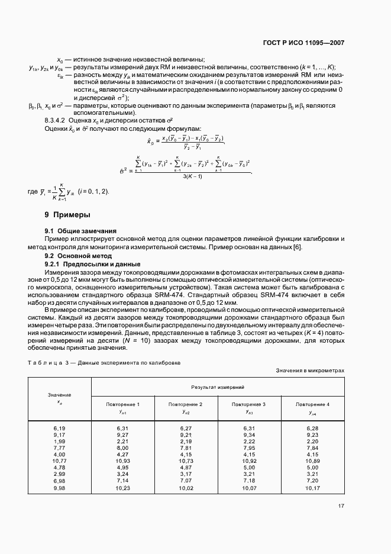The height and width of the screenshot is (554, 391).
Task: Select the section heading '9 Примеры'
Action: (x=67, y=215)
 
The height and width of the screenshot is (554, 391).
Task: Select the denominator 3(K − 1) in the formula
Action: (x=193, y=177)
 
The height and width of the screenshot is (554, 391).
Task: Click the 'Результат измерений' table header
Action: (x=218, y=386)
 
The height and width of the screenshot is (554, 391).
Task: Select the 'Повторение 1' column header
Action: (x=122, y=404)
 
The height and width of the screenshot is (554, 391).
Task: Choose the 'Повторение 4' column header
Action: (x=312, y=404)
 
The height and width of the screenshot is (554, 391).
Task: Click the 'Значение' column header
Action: (x=59, y=394)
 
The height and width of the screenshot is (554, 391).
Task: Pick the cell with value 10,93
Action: (x=122, y=460)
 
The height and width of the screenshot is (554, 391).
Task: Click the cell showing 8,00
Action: (x=122, y=448)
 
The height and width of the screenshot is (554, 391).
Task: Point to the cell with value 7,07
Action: (x=186, y=481)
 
